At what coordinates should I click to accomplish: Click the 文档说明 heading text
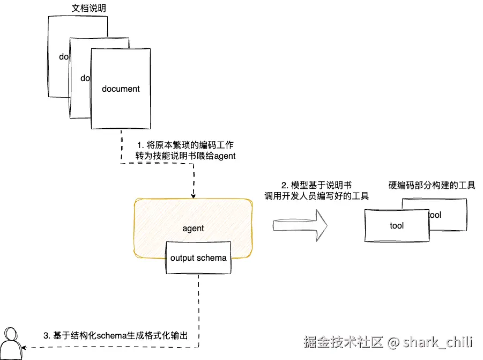(89, 9)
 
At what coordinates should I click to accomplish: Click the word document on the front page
(121, 89)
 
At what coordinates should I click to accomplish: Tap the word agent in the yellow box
(193, 228)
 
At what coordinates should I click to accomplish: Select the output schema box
(198, 258)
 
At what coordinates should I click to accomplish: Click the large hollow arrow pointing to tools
(300, 225)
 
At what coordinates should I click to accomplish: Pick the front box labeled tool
(397, 226)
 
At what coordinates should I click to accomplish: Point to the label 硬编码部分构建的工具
(432, 186)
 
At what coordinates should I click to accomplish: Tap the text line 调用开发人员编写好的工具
(317, 196)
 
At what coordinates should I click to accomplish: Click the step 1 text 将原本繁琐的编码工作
(185, 145)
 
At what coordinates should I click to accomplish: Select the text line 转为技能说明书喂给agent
(185, 156)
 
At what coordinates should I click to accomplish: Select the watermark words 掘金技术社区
(343, 342)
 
